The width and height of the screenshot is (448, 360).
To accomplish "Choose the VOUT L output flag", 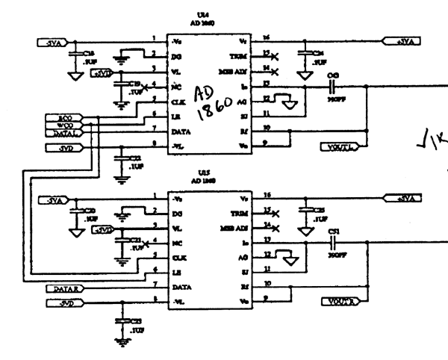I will point(340,145).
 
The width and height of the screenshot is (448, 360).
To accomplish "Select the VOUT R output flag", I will point(340,302).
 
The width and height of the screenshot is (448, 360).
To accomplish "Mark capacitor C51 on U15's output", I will point(335,243).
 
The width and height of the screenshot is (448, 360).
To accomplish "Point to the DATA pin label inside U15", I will point(179,287).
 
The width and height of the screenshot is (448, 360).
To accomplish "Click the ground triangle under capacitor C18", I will point(74,75).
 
